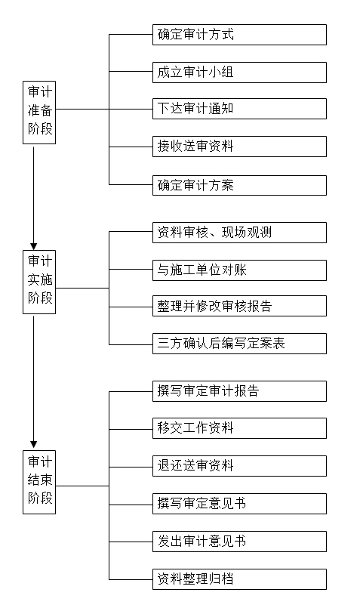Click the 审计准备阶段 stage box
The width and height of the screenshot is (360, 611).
(39, 113)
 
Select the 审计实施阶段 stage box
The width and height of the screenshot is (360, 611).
(39, 282)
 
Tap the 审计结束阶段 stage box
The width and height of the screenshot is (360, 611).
(39, 482)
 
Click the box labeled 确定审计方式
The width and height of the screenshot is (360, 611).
(239, 35)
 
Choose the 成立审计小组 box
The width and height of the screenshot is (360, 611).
(239, 73)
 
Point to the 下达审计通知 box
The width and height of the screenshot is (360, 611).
(239, 109)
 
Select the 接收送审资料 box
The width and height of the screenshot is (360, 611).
(239, 147)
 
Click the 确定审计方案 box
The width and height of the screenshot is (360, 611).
(239, 185)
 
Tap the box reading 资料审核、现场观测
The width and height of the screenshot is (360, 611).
(239, 233)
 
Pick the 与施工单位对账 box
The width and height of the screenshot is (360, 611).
(239, 270)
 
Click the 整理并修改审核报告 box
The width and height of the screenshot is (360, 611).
(239, 306)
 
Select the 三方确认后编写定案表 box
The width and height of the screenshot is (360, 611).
(239, 344)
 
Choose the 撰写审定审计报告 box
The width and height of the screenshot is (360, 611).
(239, 391)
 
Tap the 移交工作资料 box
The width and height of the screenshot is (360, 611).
(239, 428)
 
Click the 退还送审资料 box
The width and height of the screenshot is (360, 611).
(239, 466)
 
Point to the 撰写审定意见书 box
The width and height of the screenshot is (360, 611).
(239, 504)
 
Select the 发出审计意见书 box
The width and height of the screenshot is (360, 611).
(239, 542)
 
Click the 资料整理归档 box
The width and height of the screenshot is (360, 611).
(239, 579)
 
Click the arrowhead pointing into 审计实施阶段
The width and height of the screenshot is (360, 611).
(33, 247)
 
